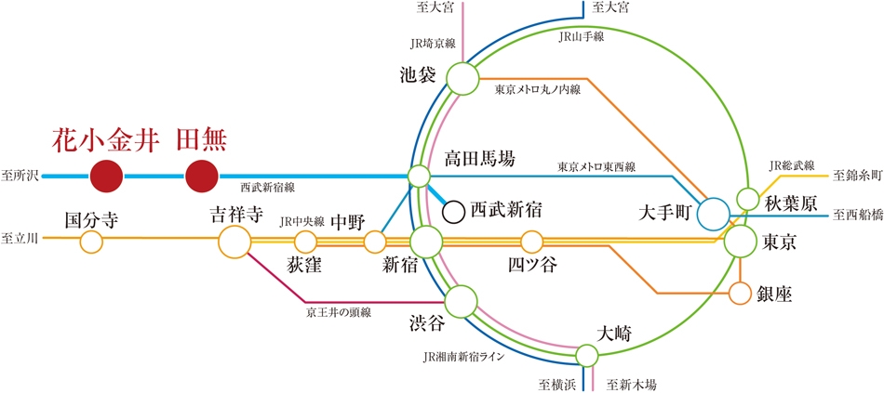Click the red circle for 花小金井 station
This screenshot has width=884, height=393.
(107, 177)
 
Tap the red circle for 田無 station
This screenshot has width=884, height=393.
(202, 177)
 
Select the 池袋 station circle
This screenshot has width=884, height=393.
(462, 78)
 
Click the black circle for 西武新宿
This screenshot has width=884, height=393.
(453, 212)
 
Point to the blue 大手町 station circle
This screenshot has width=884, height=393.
(713, 215)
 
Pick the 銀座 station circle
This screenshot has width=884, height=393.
(741, 293)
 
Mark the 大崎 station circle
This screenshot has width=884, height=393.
(587, 355)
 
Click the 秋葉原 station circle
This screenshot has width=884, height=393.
(749, 198)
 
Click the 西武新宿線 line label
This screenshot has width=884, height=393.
(267, 187)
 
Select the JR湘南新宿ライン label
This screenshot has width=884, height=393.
(462, 357)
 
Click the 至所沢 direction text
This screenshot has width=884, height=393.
(20, 177)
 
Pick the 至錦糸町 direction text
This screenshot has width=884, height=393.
(857, 176)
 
